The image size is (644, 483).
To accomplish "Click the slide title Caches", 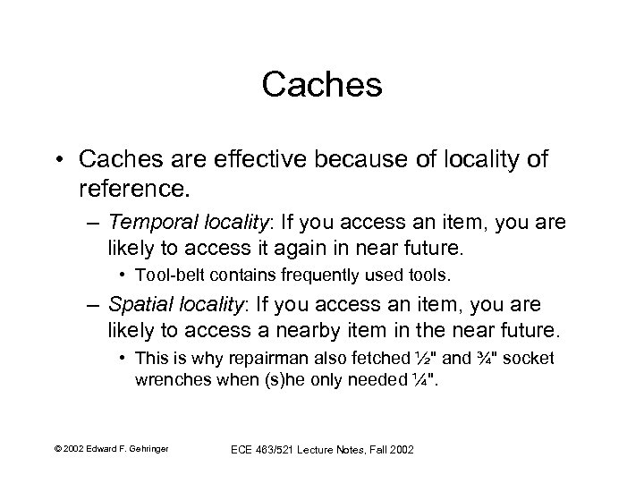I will tap(322, 86).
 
